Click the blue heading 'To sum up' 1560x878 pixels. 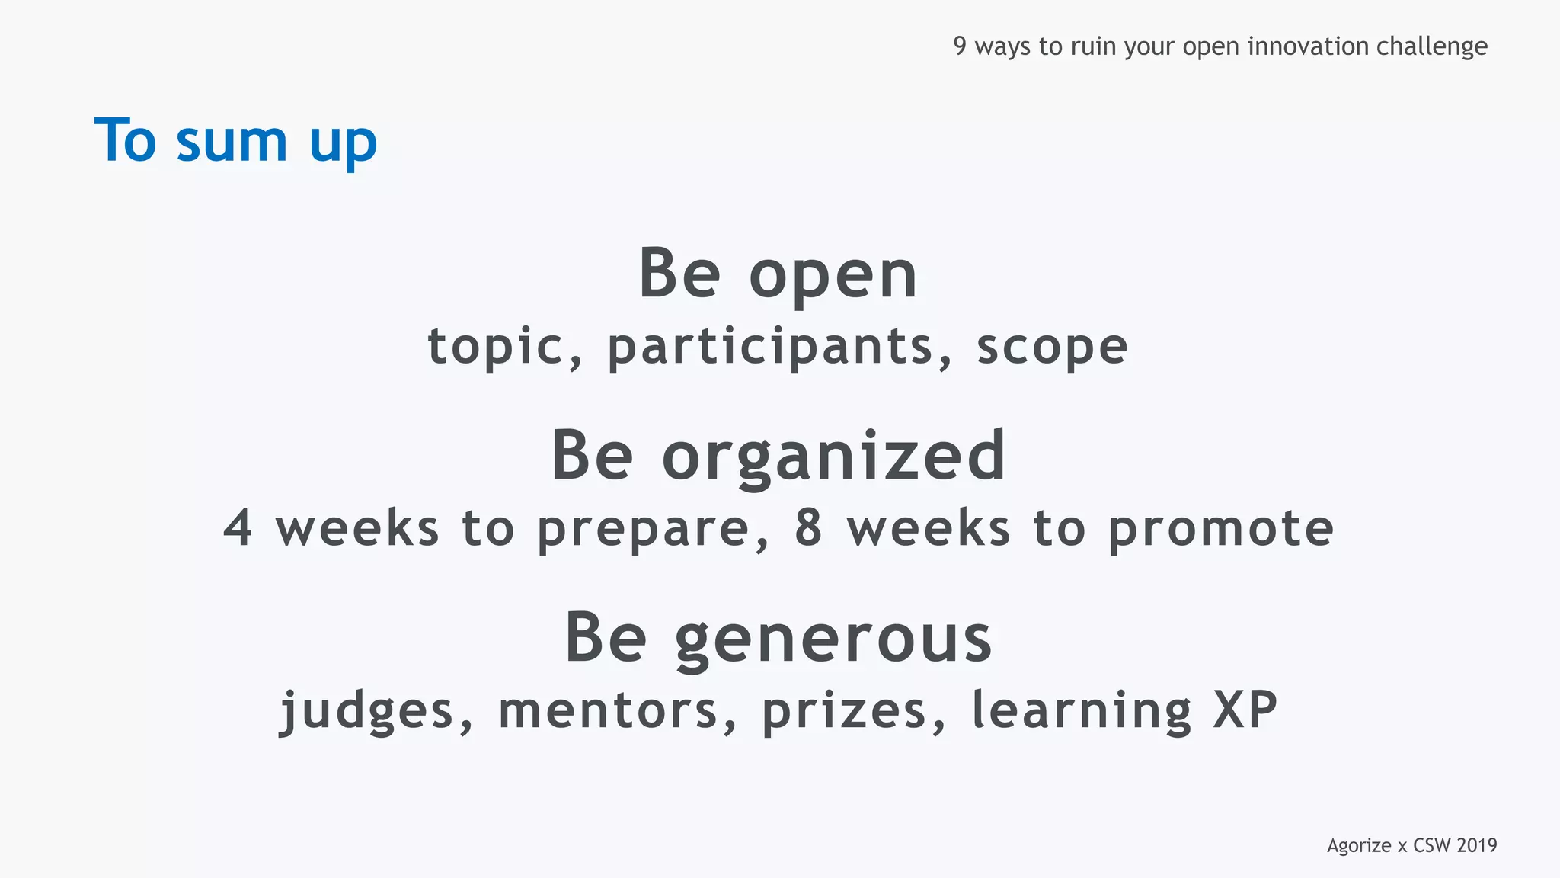[x=235, y=141]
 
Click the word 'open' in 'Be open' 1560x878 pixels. [x=833, y=276]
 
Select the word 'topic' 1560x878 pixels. [x=495, y=347]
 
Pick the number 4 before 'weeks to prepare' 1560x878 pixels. [x=238, y=527]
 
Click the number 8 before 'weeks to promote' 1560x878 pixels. [x=809, y=527]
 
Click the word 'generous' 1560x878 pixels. [x=833, y=639]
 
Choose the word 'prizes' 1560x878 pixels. [x=844, y=712]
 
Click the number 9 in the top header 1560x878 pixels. [x=960, y=46]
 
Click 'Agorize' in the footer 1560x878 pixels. [x=1359, y=846]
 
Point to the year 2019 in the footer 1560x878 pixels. [x=1476, y=845]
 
